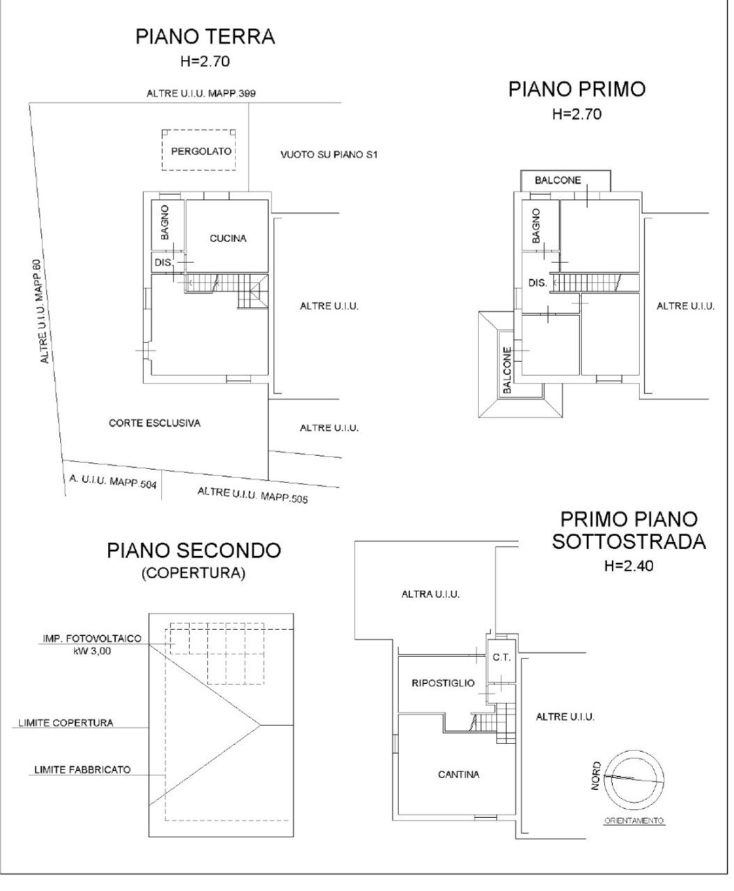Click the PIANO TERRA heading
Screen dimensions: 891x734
coord(205,36)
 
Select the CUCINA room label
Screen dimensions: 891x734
coord(228,238)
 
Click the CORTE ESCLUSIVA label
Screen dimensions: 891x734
coord(155,423)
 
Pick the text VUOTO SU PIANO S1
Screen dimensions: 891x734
coord(329,154)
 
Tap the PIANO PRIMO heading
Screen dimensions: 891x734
coord(577,89)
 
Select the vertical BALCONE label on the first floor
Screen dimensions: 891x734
coord(507,370)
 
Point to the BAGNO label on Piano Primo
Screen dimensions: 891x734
coord(536,226)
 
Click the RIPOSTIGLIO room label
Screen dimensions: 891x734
coord(444,683)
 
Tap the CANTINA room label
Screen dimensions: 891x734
coord(459,774)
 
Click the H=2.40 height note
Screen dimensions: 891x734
coord(629,566)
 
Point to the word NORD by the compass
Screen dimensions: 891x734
coord(597,775)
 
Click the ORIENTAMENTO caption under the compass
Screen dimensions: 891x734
coord(633,821)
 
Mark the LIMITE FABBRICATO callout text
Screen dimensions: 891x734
coord(81,770)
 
